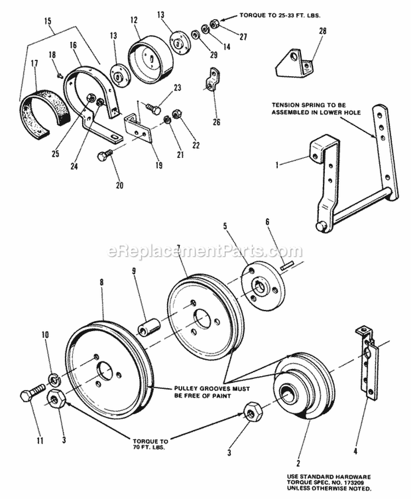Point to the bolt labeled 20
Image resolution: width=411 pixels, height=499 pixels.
[105, 156]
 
